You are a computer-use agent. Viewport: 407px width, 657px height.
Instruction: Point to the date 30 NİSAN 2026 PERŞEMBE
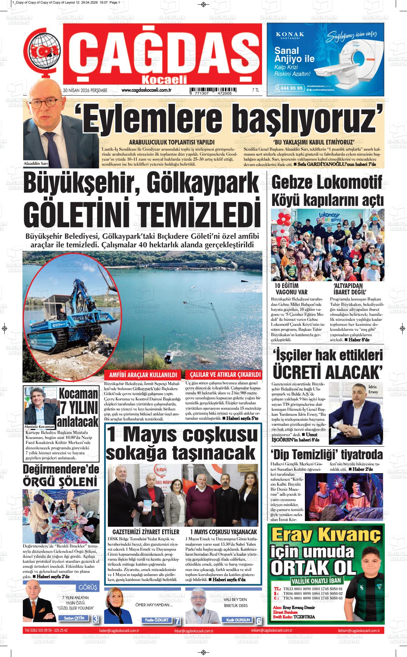[x=85, y=91]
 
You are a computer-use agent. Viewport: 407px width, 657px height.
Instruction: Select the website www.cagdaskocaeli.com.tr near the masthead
[x=146, y=90]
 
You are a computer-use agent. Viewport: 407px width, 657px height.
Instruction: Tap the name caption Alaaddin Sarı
[x=36, y=164]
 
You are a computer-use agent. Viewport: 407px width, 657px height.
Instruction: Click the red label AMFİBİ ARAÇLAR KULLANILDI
[x=143, y=375]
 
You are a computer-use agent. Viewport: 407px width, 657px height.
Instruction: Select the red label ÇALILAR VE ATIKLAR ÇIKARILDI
[x=223, y=375]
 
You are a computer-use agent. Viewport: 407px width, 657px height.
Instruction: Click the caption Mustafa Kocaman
[x=39, y=426]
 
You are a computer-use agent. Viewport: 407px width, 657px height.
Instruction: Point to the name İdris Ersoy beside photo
[x=372, y=389]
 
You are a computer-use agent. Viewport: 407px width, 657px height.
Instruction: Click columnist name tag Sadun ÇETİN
[x=74, y=618]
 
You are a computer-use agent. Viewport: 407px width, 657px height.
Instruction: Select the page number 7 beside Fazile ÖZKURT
[x=177, y=621]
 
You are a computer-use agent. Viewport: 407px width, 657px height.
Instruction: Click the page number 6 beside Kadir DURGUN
[x=258, y=621]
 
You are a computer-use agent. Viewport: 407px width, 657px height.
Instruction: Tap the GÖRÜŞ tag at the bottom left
[x=87, y=587]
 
